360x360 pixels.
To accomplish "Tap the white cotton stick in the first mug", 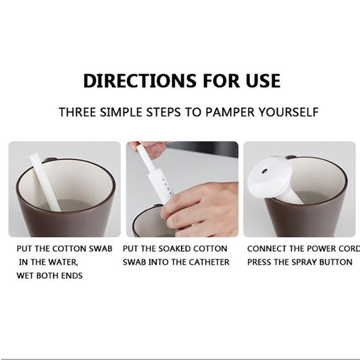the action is click(45, 182).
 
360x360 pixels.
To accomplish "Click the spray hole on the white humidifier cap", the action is click(265, 171).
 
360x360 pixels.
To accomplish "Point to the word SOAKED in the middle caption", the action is click(171, 249).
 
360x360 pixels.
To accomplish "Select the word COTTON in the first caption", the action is click(70, 249).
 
